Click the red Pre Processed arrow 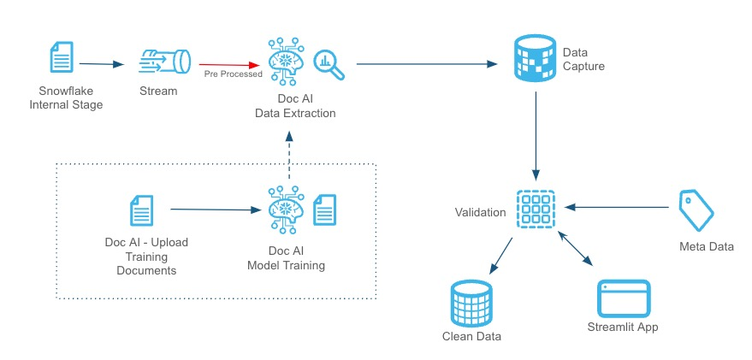pyautogui.click(x=230, y=63)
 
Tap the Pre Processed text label pyautogui.click(x=233, y=74)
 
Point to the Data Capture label pyautogui.click(x=583, y=59)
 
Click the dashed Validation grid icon pyautogui.click(x=536, y=209)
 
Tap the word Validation pyautogui.click(x=481, y=211)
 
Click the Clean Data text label pyautogui.click(x=471, y=337)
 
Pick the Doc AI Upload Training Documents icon pyautogui.click(x=142, y=210)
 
